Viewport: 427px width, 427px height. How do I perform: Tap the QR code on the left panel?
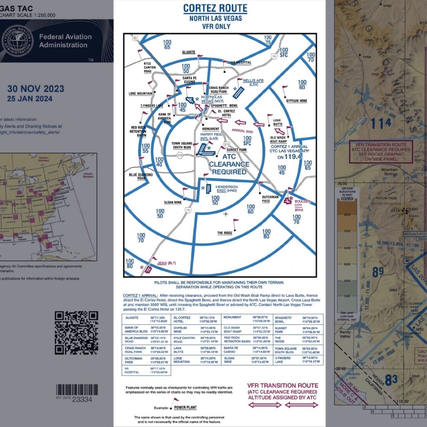[x=76, y=332]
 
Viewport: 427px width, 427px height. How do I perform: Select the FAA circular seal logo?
[x=18, y=41]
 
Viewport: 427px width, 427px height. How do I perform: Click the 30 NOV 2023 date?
[x=36, y=89]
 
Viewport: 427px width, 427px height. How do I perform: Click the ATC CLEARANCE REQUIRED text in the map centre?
[x=229, y=164]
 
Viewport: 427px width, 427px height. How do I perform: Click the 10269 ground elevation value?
[x=351, y=199]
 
